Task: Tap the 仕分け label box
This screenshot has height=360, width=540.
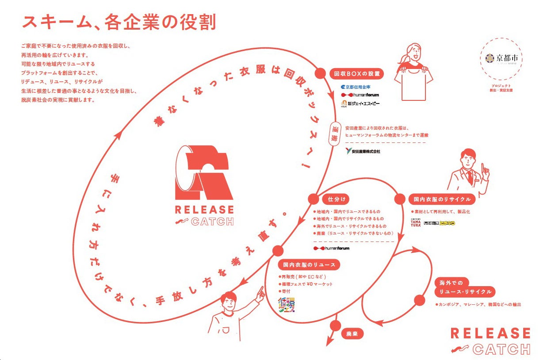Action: tap(333, 199)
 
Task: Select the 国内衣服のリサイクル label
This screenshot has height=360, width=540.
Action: tap(442, 199)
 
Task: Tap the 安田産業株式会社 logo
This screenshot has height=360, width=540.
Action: tap(363, 151)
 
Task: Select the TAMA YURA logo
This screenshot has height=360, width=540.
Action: tap(416, 223)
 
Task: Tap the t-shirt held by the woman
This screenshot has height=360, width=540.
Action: tap(415, 84)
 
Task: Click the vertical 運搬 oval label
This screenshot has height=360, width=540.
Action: tap(336, 133)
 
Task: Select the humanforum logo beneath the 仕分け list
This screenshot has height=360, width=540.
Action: tap(331, 249)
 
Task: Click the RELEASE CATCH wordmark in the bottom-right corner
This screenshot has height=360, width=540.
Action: tap(490, 341)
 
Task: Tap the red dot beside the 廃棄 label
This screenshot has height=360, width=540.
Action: tap(335, 326)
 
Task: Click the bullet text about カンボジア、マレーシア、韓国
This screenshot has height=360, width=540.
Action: tap(472, 304)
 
